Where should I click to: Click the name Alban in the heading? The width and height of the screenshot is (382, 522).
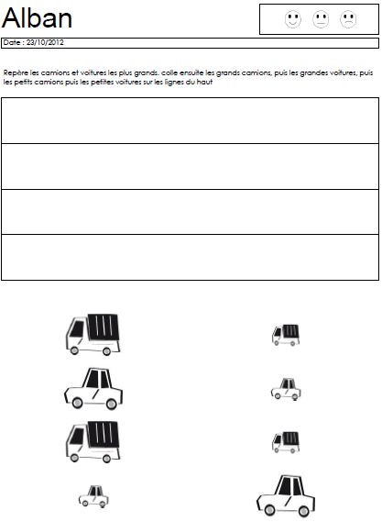pos(38,17)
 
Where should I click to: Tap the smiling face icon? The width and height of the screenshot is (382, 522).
pos(293,19)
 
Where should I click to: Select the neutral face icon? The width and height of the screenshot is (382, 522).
pos(321,19)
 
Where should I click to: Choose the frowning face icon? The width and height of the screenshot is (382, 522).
pos(348,19)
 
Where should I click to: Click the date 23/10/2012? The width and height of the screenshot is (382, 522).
pos(45,42)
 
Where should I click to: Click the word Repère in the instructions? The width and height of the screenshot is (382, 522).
pos(16,72)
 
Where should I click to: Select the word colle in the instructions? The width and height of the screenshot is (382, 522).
pos(169,72)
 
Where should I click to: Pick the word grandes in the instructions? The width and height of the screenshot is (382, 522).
pos(313,72)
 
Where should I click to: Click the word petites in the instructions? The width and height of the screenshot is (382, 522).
pos(102,83)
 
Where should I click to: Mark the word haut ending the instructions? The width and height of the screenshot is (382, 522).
pos(204,82)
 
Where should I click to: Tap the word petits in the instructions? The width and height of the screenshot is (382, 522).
pos(23,83)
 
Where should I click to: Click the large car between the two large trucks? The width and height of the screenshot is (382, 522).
pos(93,389)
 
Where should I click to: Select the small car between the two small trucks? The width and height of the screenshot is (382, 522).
pos(286,389)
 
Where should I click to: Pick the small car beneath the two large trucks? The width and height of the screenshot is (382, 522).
pos(93,496)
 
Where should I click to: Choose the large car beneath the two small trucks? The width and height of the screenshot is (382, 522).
pos(286,496)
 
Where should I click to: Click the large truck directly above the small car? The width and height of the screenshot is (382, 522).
pos(93,442)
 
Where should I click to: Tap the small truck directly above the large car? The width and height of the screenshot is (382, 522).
pos(286,442)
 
